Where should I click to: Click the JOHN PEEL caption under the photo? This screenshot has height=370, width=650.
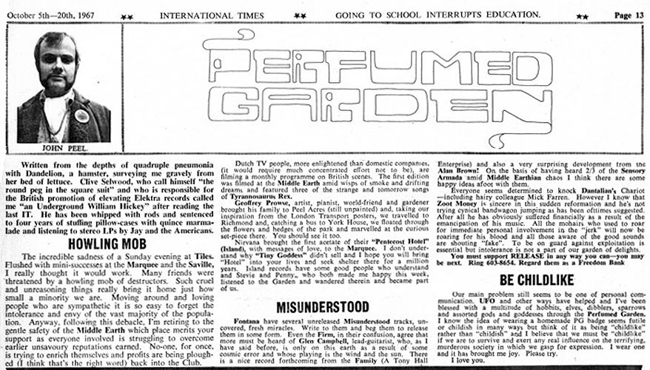[56, 147]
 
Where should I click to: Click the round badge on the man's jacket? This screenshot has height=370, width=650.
[81, 115]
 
